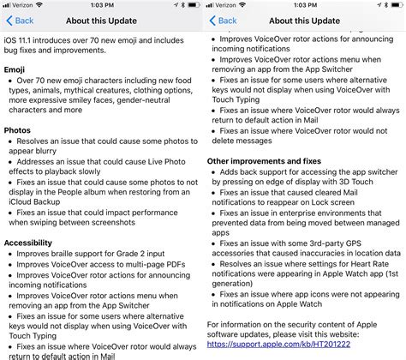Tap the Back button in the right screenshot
coord(224,20)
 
